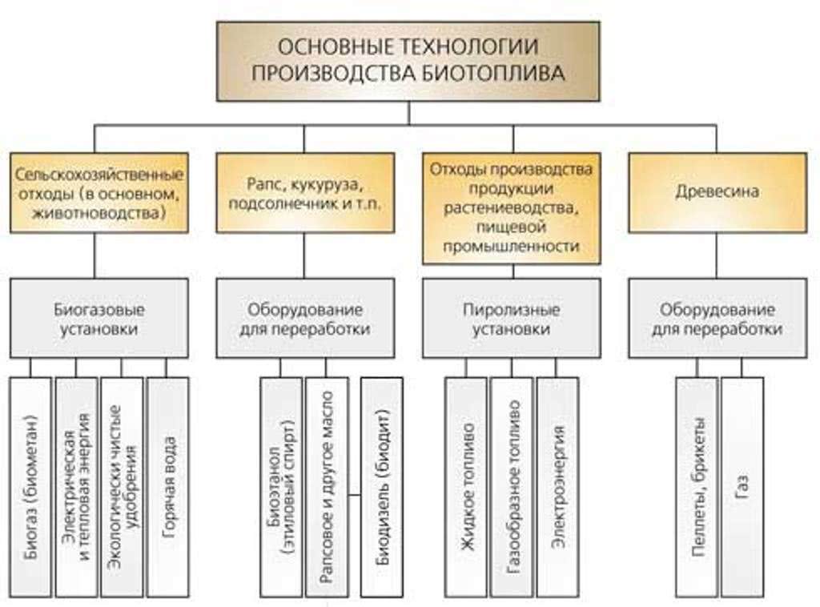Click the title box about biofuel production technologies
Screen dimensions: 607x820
[408, 61]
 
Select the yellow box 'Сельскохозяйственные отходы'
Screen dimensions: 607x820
[98, 193]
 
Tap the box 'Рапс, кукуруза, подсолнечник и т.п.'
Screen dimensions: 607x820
[305, 193]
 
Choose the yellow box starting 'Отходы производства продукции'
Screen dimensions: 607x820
[512, 208]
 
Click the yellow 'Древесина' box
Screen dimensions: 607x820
[717, 193]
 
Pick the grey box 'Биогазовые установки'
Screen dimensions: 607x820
[98, 318]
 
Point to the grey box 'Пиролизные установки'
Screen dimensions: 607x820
[512, 318]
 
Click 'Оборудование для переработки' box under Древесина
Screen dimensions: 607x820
[717, 318]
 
